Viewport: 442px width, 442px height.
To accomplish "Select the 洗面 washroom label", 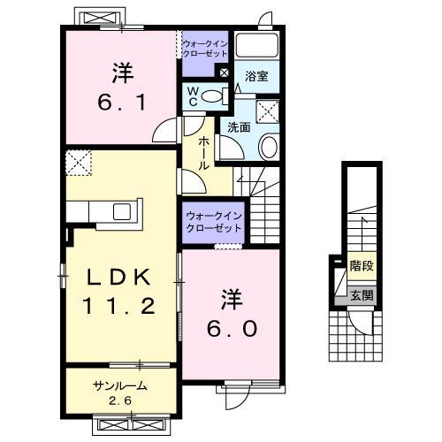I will pos(238,126).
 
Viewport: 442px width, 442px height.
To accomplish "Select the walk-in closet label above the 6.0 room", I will pos(213,222).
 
